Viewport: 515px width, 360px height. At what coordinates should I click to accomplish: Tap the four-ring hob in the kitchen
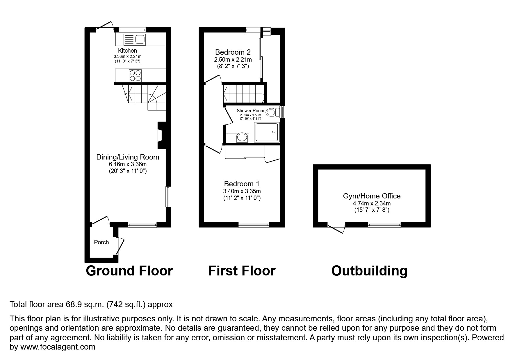[135, 76]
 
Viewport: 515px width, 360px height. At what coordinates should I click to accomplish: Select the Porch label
[101, 242]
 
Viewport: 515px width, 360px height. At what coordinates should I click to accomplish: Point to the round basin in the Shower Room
[242, 137]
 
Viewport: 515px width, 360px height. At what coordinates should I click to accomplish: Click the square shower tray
[267, 132]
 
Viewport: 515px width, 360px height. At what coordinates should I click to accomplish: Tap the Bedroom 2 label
[233, 52]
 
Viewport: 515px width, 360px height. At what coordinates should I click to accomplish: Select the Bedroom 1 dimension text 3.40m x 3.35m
[242, 191]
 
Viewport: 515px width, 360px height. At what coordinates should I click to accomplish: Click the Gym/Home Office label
[372, 196]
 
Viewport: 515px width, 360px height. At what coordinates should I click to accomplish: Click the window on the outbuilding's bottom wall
[384, 224]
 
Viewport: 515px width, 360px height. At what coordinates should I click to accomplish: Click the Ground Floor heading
[129, 271]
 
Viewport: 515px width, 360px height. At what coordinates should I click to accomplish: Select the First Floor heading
[242, 271]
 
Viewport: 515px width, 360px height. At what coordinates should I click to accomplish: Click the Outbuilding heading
[369, 271]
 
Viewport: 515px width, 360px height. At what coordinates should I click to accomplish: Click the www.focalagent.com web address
[58, 347]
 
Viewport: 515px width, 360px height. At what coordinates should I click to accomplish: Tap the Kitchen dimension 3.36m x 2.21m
[127, 56]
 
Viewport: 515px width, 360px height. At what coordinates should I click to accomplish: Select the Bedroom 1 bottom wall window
[254, 224]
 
